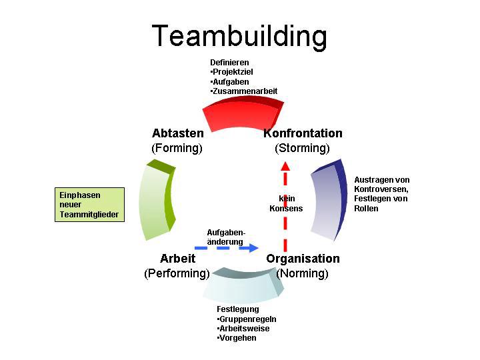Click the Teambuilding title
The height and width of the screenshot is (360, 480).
point(240,35)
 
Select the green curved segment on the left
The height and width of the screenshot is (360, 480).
point(157,199)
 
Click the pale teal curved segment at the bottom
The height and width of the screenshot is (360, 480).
point(244,287)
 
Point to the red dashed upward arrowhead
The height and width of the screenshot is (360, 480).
point(285,166)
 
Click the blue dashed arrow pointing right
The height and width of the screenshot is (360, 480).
point(227,248)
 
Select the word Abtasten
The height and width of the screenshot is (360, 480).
point(178,133)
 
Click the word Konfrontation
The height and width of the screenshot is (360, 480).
point(303,133)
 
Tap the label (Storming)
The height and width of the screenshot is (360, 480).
point(303,148)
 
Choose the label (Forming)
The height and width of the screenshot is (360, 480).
point(177,148)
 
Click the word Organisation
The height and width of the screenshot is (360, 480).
point(303,259)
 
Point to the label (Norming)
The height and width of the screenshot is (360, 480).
point(303,273)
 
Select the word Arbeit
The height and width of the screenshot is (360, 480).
point(177,259)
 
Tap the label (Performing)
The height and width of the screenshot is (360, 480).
point(177,273)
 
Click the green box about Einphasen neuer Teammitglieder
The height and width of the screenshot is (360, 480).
point(89,205)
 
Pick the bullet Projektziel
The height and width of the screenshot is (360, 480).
point(233,72)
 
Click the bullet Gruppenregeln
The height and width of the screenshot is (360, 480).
point(247,319)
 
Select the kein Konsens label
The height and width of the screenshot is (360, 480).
point(286,203)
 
